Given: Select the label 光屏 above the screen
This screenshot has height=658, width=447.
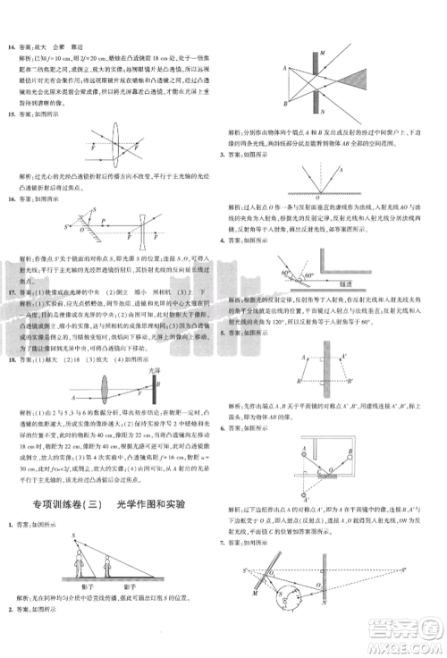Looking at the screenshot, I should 153,368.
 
